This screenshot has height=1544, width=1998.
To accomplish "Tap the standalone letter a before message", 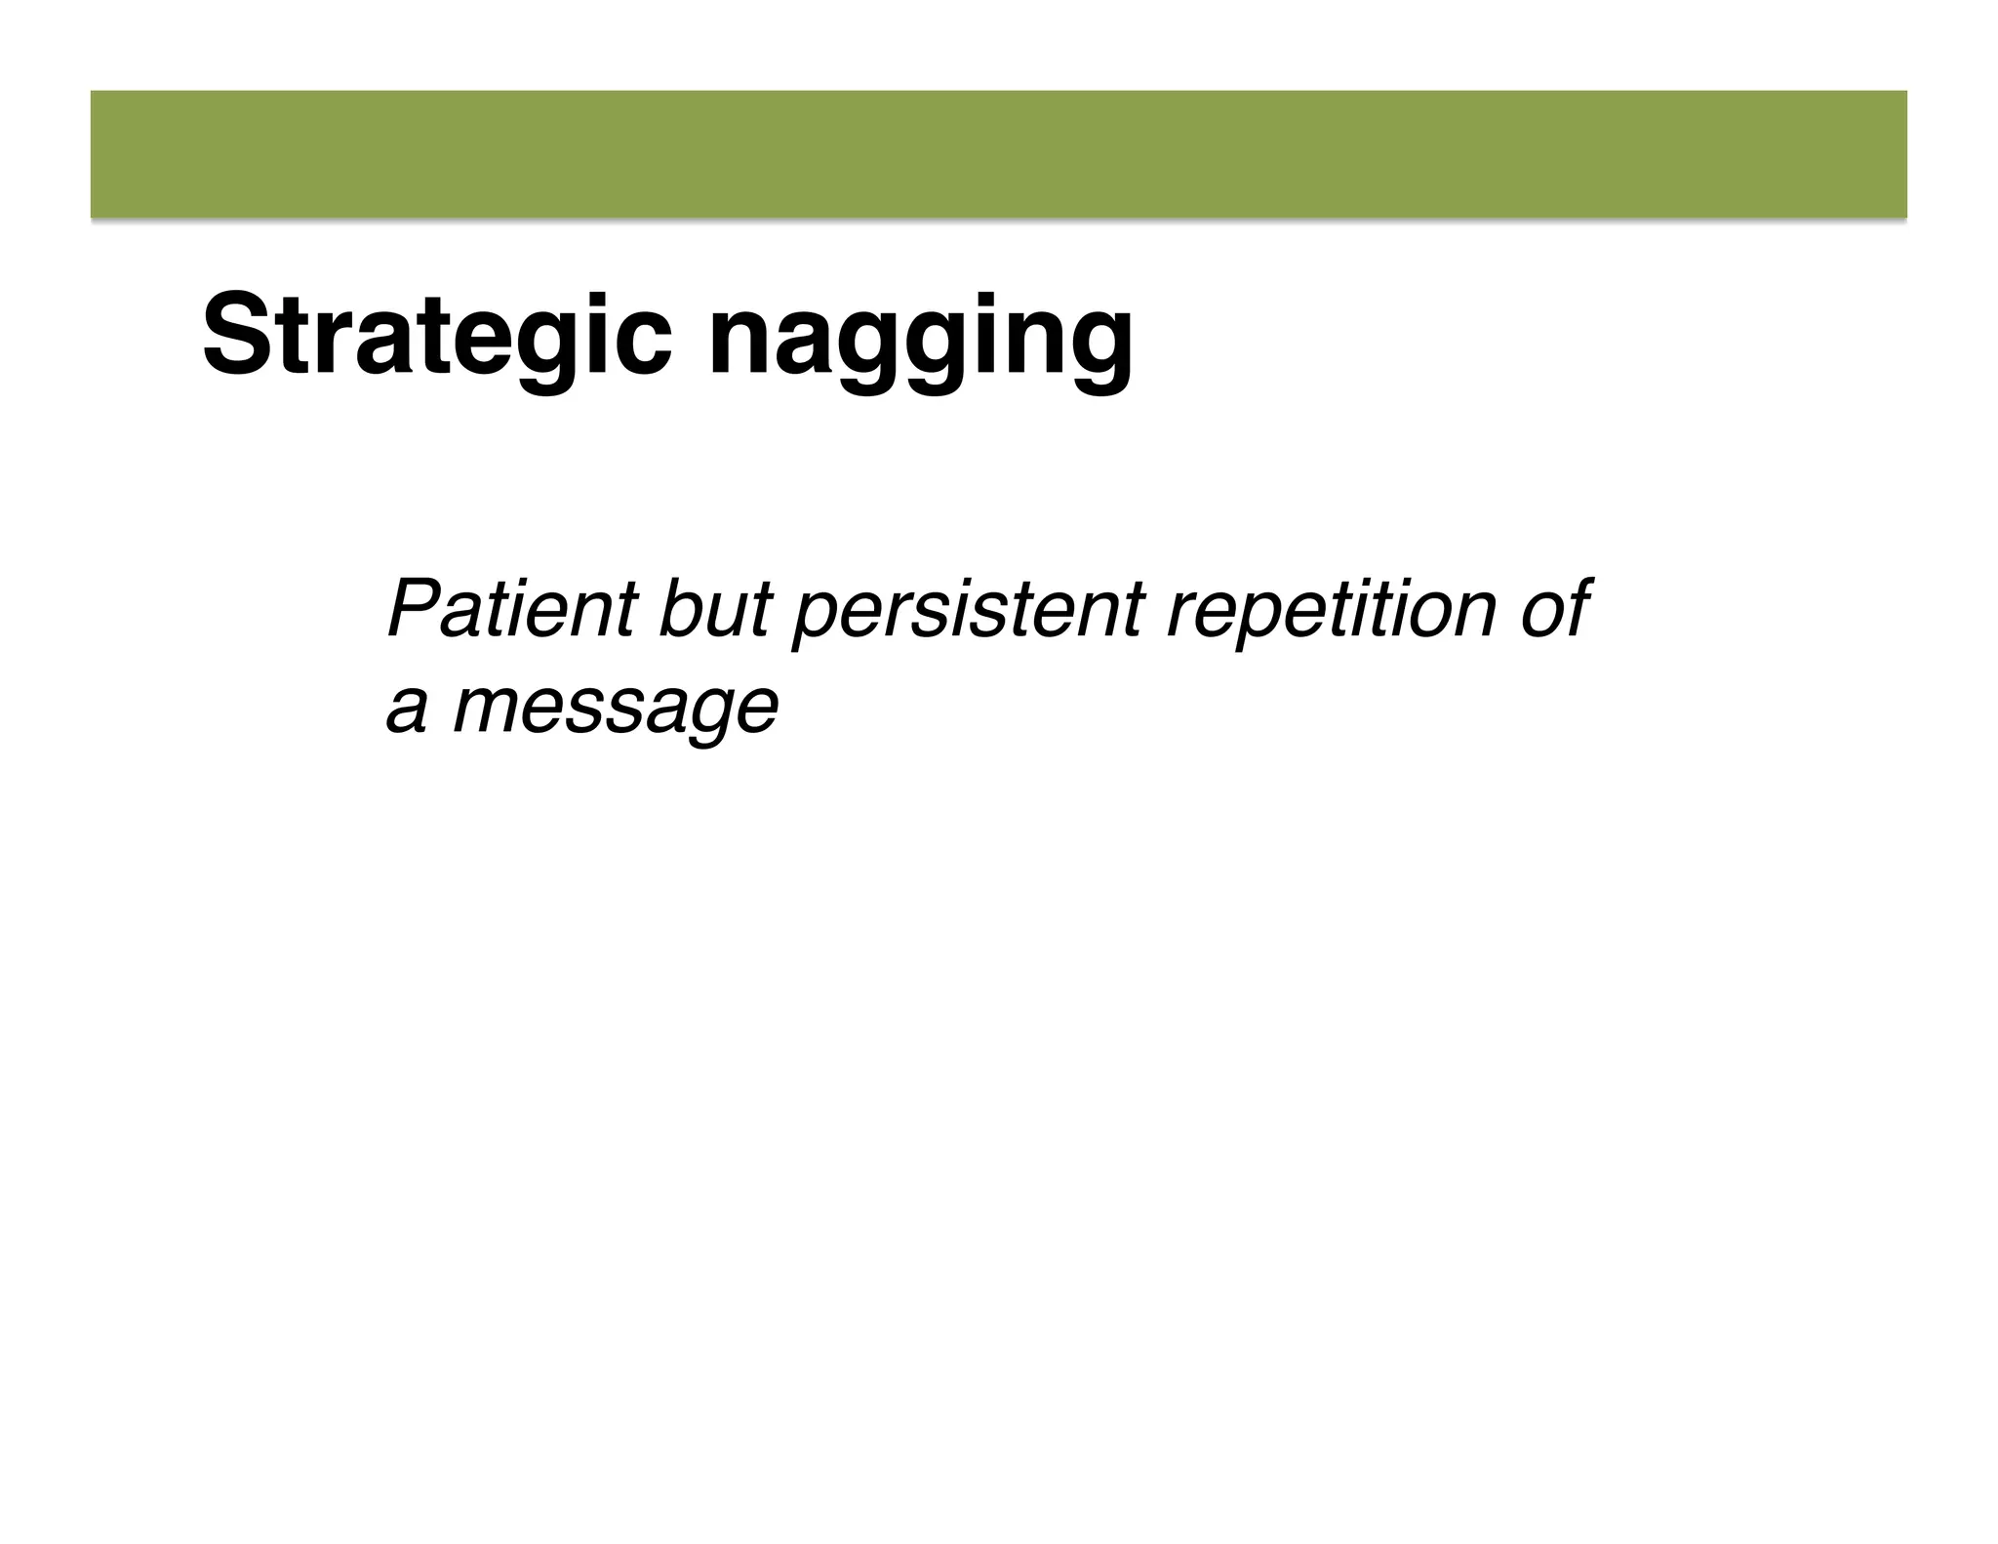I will click(x=407, y=710).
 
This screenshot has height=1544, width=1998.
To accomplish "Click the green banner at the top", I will click(x=998, y=154).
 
